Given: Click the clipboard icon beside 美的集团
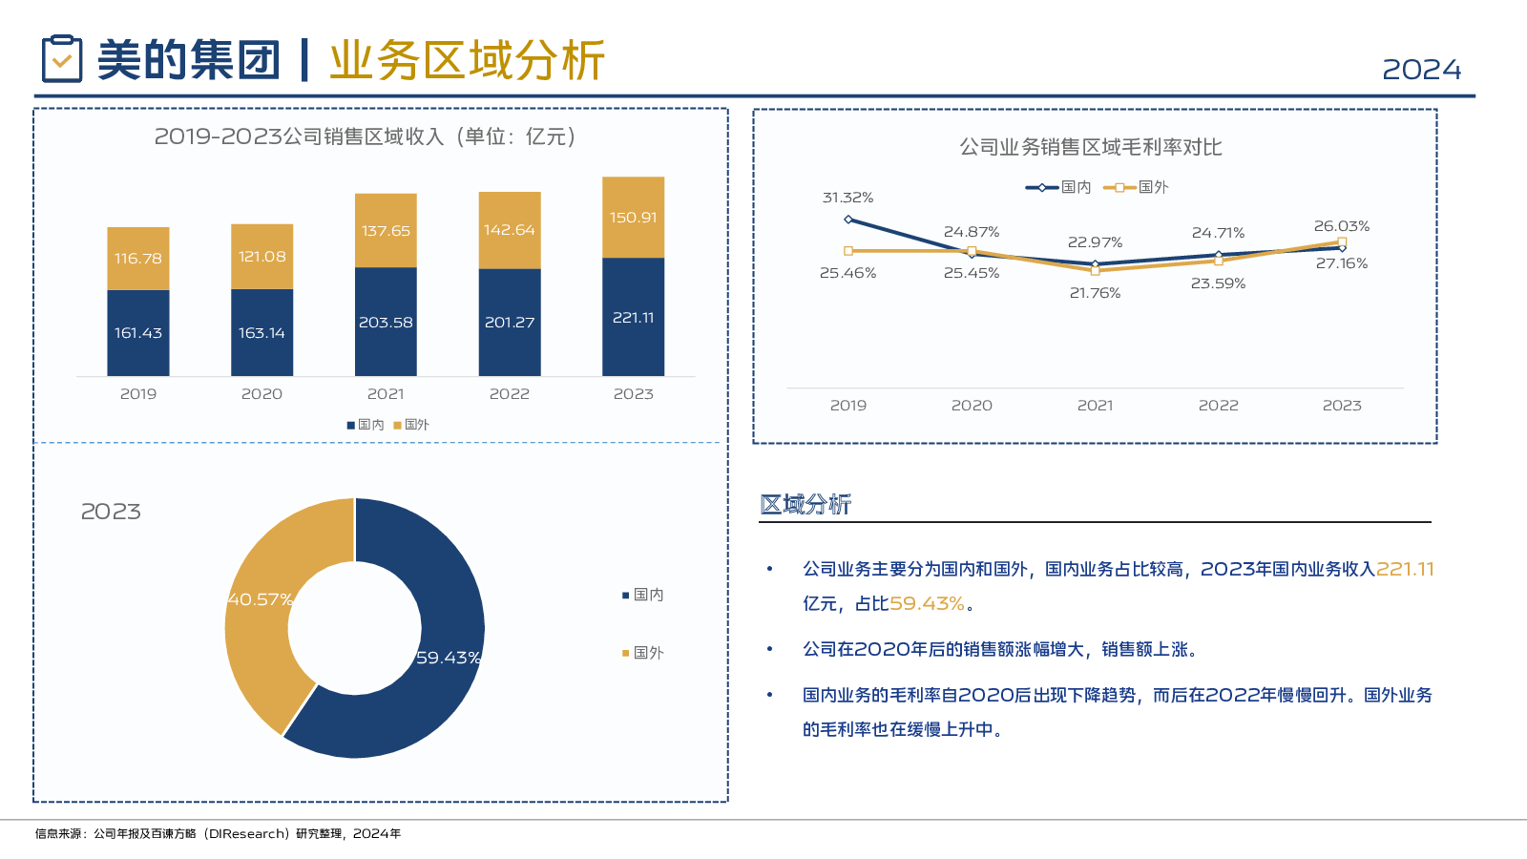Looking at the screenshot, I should [62, 59].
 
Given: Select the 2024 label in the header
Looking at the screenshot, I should [1421, 70].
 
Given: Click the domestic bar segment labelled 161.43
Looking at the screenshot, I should [138, 333].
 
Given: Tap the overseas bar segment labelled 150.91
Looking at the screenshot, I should [633, 218].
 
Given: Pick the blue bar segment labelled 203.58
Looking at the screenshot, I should [386, 323].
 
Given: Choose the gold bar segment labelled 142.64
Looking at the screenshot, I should [510, 230].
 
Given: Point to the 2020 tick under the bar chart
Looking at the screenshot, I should [261, 394].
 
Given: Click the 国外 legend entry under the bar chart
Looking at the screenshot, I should [411, 425].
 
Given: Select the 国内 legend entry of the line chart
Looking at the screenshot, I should [1058, 187].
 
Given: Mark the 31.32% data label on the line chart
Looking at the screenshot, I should [847, 198].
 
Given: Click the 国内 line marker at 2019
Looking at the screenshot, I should [848, 220].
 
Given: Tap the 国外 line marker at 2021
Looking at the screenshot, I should [1095, 271].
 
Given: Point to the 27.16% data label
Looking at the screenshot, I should [1341, 263].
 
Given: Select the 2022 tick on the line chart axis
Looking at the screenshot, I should [1218, 406].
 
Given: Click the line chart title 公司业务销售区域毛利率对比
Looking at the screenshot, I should [1090, 147].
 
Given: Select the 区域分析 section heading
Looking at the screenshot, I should [805, 504].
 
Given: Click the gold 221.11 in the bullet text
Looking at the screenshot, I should [1405, 569].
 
